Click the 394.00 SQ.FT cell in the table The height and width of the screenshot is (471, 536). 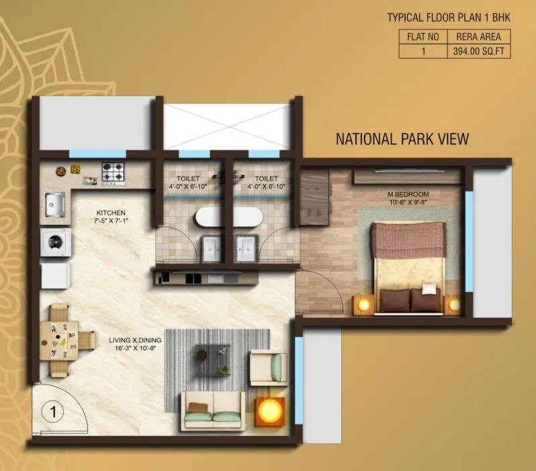478,50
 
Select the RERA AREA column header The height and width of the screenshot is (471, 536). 478,36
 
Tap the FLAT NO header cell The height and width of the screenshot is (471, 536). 423,36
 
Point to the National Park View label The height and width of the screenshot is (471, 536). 402,139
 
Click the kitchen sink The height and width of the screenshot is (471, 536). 54,203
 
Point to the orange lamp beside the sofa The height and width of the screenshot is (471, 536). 270,411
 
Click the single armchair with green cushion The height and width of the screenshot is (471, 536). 269,367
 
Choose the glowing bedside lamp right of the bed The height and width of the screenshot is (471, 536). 455,305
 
